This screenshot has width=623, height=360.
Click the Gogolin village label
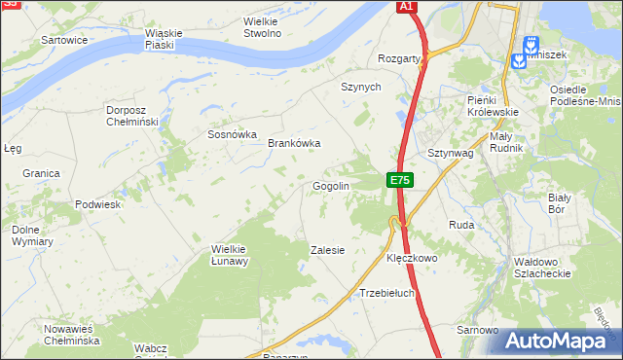330,186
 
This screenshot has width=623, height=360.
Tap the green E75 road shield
400,180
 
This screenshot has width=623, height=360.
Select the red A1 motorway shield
408,7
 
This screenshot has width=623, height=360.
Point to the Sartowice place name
65,41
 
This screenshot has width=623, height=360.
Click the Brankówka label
294,143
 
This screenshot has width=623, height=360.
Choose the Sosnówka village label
232,135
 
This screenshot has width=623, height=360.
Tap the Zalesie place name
327,250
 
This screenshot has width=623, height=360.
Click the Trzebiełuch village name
387,293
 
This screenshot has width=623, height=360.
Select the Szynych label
359,87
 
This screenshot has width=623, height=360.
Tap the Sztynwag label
450,154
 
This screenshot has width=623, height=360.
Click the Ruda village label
460,225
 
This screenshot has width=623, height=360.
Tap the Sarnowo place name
478,331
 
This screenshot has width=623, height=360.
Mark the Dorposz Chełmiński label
132,116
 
